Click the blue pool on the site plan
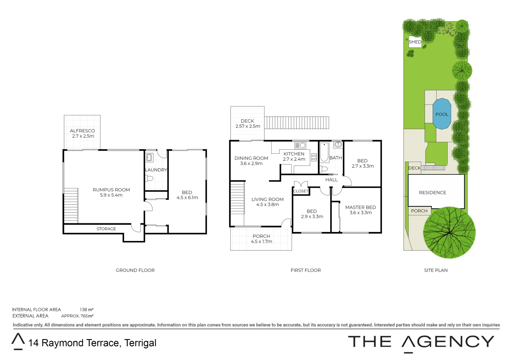(442, 114)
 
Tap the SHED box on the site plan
(415, 42)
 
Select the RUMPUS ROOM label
(111, 190)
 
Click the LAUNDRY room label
(156, 170)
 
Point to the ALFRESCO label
(82, 131)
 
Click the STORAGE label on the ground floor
(106, 229)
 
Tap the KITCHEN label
(294, 154)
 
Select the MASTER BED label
(360, 207)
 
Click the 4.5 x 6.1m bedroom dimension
(187, 198)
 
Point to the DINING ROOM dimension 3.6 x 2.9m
(251, 163)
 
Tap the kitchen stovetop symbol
(314, 157)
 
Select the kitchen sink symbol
(300, 145)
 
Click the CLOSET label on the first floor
(301, 191)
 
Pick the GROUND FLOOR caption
(135, 270)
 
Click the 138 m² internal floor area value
(86, 310)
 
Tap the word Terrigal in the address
(140, 343)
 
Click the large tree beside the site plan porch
(449, 232)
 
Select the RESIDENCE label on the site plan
(432, 193)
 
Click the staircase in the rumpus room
(71, 206)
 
